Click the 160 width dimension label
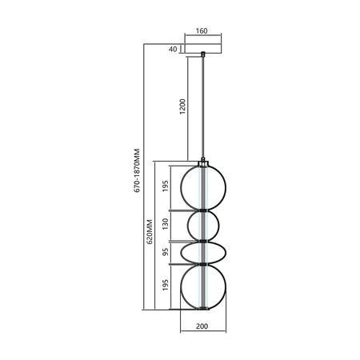tap(201, 31)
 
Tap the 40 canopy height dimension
tap(173, 50)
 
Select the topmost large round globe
tap(204, 186)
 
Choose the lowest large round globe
tap(204, 286)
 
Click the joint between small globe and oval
tap(204, 240)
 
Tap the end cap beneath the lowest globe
tap(204, 310)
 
